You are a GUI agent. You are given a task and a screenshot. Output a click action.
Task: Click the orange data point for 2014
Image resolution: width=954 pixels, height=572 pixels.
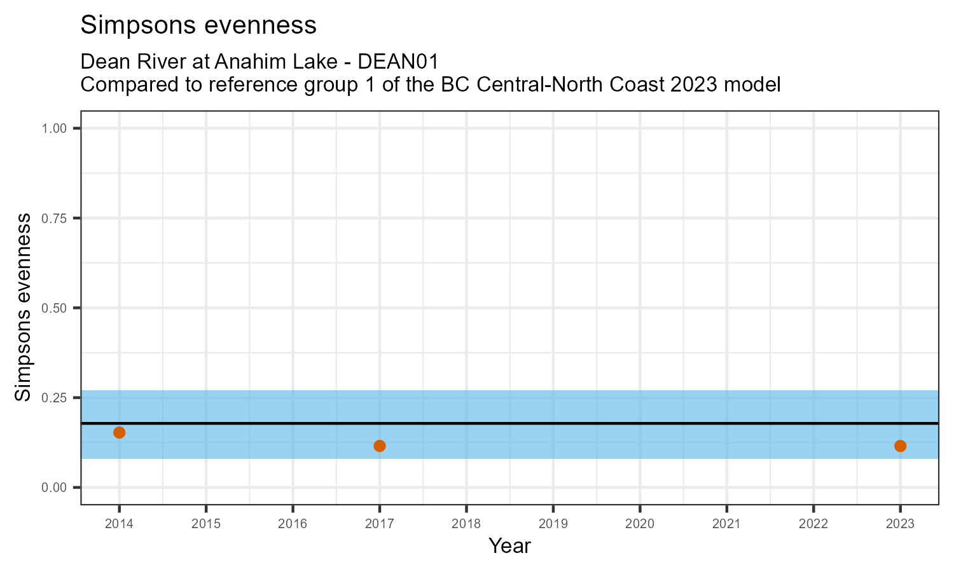click(119, 432)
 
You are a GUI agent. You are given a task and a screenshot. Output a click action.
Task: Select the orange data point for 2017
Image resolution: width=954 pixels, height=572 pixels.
click(380, 446)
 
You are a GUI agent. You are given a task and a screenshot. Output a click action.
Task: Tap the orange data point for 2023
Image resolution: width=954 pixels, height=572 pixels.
click(900, 446)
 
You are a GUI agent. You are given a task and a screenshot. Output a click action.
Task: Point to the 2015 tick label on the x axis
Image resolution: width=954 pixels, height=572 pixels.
click(206, 524)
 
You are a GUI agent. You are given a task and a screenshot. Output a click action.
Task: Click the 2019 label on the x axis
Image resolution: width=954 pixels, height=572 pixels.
click(553, 524)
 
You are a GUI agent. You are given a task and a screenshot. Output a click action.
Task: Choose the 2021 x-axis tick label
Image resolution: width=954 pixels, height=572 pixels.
click(726, 524)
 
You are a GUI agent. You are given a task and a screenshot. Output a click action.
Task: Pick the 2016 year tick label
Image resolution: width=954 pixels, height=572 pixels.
click(293, 524)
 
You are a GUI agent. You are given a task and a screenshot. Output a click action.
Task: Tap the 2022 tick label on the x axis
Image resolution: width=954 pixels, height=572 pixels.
click(813, 524)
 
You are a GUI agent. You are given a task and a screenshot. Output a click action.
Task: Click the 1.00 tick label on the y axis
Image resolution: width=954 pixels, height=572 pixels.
click(54, 128)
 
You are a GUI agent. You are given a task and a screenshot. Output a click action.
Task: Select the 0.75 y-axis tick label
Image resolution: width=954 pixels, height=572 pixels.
click(54, 218)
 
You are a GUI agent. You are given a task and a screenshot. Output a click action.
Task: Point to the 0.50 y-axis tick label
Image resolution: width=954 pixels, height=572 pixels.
click(54, 308)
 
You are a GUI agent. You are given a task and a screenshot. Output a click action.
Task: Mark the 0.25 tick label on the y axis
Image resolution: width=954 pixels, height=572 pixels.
click(54, 397)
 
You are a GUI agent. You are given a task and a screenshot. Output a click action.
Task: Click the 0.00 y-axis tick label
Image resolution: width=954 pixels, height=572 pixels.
click(54, 487)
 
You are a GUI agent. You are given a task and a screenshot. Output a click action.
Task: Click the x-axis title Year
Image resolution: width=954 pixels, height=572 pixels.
click(509, 546)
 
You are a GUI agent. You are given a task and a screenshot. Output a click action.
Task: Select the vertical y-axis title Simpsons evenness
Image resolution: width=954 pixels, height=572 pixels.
click(23, 308)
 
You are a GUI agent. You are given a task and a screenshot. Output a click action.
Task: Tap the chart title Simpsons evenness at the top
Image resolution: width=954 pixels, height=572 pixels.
click(198, 25)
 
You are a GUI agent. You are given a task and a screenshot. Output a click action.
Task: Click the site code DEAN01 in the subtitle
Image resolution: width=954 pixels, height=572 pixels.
click(398, 62)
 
